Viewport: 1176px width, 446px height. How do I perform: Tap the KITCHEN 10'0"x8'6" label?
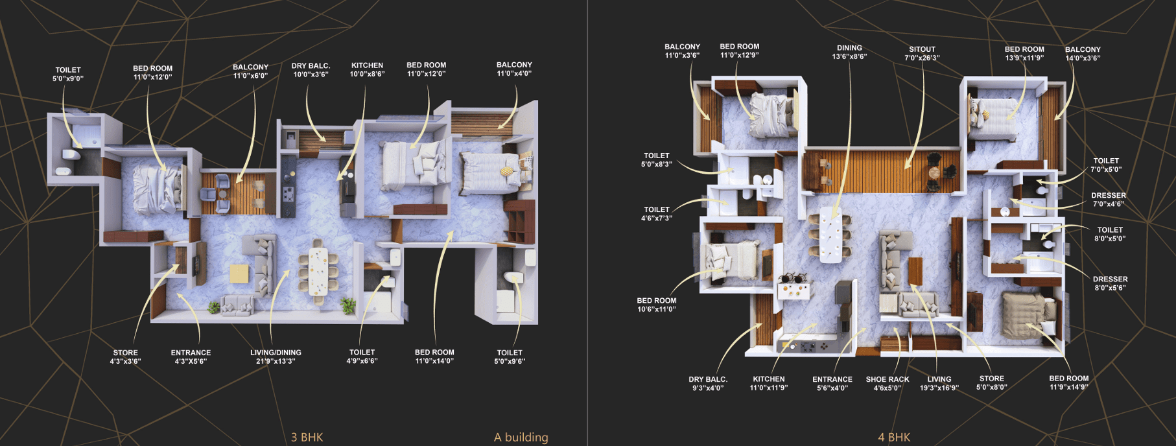[x=367, y=70]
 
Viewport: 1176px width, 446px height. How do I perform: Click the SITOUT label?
[x=922, y=49]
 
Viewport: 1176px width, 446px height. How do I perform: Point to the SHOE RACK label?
[x=888, y=380]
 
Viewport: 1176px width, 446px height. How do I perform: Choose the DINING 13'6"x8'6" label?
[x=849, y=52]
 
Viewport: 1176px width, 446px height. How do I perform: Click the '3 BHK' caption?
[x=307, y=437]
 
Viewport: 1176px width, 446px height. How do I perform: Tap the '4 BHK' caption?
[x=894, y=437]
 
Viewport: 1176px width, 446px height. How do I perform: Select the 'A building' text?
[x=521, y=437]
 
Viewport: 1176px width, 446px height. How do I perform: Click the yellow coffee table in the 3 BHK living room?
[x=239, y=274]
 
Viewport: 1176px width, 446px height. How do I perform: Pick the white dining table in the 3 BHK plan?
[x=318, y=271]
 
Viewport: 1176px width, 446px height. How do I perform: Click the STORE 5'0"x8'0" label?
[x=991, y=382]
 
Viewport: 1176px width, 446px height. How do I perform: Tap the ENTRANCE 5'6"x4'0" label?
[x=832, y=384]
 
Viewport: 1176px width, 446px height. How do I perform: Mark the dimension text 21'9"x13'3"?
[x=276, y=361]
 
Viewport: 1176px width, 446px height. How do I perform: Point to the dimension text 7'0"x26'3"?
[x=922, y=58]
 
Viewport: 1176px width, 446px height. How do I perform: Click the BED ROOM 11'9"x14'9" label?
[x=1069, y=382]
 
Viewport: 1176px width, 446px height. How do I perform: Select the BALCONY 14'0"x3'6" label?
[x=1083, y=54]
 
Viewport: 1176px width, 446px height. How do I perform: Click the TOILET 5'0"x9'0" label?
[x=68, y=74]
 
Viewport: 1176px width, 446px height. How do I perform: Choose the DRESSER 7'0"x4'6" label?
[x=1109, y=200]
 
